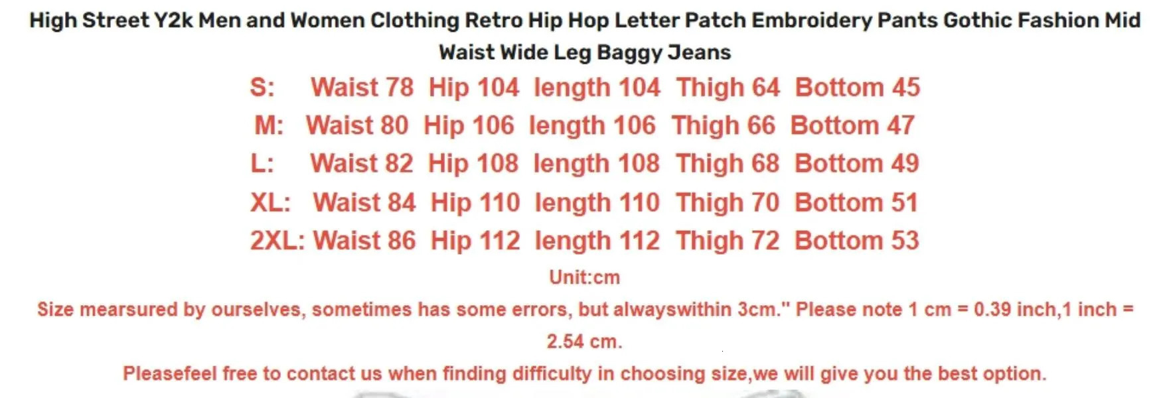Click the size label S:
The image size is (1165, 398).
pyautogui.click(x=262, y=88)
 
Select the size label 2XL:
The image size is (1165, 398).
pyautogui.click(x=277, y=241)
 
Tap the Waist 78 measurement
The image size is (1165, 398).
pyautogui.click(x=362, y=88)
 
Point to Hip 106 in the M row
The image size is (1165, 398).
pyautogui.click(x=469, y=125)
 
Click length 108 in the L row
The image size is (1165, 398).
pyautogui.click(x=596, y=164)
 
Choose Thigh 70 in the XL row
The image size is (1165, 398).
pyautogui.click(x=728, y=202)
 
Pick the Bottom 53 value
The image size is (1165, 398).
pyautogui.click(x=856, y=241)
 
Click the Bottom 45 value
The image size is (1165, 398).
pyautogui.click(x=858, y=88)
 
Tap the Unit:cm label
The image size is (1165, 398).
pyautogui.click(x=584, y=277)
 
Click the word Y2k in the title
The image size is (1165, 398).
pyautogui.click(x=173, y=21)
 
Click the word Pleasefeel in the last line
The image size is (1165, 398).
pyautogui.click(x=169, y=373)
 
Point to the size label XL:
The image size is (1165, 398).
pyautogui.click(x=270, y=202)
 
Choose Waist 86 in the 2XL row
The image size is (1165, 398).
pyautogui.click(x=364, y=241)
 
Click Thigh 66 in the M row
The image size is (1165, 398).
pyautogui.click(x=723, y=125)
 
